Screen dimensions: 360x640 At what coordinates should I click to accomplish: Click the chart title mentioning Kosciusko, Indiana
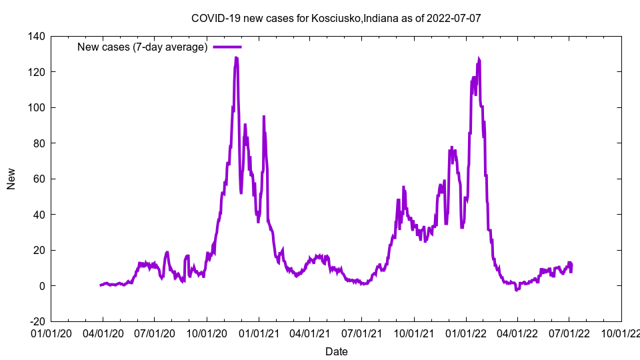point(335,18)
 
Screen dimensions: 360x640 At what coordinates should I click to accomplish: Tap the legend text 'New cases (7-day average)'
point(143,47)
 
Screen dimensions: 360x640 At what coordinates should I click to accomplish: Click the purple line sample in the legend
point(227,47)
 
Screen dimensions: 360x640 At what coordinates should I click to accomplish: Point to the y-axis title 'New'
point(11,179)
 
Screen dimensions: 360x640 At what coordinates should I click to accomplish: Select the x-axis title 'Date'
point(336,351)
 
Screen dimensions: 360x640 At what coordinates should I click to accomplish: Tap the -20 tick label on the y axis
point(36,321)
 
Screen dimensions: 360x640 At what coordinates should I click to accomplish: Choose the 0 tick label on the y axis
point(41,286)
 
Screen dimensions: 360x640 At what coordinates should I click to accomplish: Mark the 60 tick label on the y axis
point(39,179)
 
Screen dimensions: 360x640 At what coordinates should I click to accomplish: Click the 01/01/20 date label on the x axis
point(51,332)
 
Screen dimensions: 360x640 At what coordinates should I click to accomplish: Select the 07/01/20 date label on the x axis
point(155,332)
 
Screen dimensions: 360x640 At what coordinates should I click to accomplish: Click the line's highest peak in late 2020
point(236,58)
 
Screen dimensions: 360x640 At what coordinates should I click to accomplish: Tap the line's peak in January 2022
point(479,59)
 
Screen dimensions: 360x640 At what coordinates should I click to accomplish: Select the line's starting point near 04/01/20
point(101,285)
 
